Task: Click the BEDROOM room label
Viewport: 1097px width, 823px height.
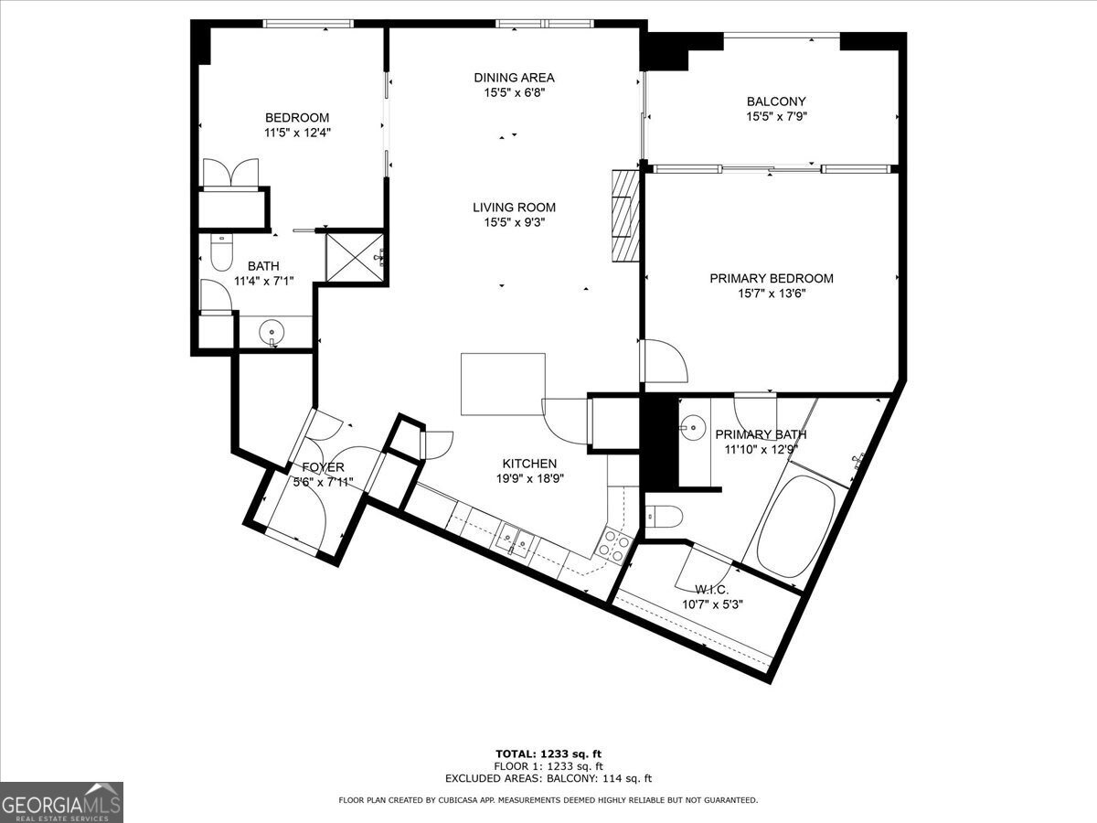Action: (297, 118)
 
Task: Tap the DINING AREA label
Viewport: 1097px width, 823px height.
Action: (514, 78)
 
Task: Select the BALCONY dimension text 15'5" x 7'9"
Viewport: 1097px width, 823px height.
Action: (776, 116)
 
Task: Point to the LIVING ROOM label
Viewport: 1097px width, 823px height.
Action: (514, 208)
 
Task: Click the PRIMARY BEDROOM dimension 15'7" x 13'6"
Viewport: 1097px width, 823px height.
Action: (772, 294)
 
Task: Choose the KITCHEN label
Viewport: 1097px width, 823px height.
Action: (529, 464)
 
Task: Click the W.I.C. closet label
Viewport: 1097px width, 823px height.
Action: (712, 589)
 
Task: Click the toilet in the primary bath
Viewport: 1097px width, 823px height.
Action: (663, 518)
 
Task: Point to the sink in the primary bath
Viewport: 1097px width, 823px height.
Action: (693, 425)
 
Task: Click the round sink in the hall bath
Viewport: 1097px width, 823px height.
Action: (272, 331)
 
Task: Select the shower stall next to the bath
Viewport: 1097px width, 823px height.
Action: (356, 259)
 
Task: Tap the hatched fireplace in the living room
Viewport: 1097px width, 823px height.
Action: (624, 215)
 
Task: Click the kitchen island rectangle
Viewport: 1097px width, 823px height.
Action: (503, 384)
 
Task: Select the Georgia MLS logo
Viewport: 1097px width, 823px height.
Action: (61, 802)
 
